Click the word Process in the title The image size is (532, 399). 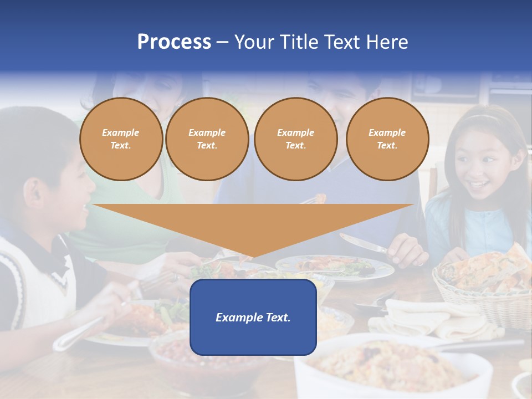pos(174,42)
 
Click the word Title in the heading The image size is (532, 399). pos(296,42)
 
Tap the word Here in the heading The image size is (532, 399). pos(387,42)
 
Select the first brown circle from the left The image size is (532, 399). pos(121,139)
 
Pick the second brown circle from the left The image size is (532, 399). pos(207,139)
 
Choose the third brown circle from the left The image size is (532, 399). pos(295,139)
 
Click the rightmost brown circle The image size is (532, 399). pos(387,139)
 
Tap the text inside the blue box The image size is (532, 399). pos(253,318)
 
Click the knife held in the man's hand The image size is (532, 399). pos(360,243)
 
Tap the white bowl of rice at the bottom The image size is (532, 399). pos(388,366)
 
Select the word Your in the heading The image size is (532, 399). pos(254,42)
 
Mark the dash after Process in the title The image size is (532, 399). pos(222,42)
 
